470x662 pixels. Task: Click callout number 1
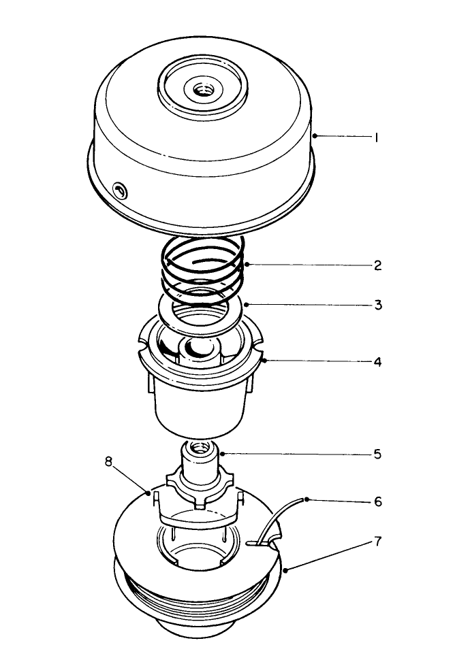point(376,137)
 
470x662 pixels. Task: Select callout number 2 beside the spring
point(377,265)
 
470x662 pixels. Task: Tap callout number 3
point(377,305)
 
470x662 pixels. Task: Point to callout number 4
point(377,361)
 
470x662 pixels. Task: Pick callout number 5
point(377,454)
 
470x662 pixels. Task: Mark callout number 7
point(377,542)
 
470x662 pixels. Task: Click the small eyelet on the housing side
point(120,191)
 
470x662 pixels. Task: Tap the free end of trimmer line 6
point(304,500)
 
